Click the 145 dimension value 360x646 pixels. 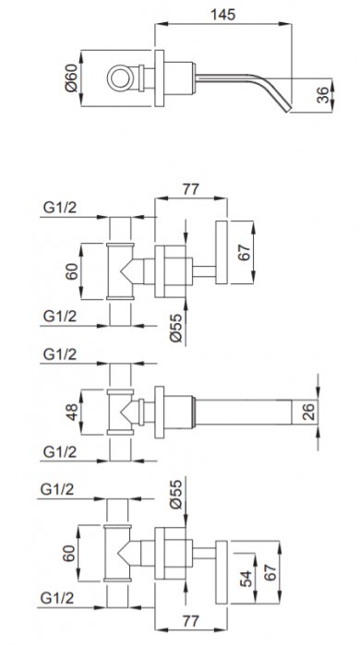[222, 15]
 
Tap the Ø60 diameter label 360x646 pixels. [71, 78]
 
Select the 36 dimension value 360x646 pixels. [324, 95]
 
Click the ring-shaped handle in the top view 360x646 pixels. [120, 78]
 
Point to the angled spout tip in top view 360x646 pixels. [286, 108]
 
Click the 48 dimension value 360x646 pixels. [72, 412]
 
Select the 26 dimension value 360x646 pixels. [309, 412]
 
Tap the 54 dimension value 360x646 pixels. [246, 579]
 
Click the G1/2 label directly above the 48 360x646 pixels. [60, 354]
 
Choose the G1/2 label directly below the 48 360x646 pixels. [60, 452]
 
